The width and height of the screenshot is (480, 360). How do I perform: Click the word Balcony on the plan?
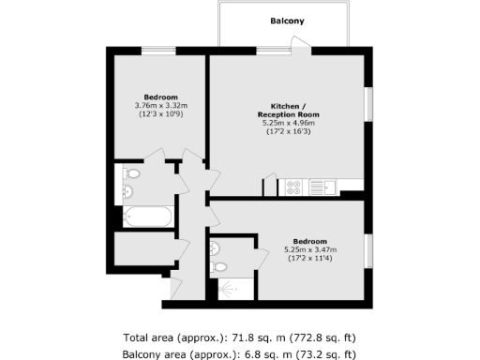pos(287,21)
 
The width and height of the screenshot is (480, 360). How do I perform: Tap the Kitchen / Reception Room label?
pos(292,109)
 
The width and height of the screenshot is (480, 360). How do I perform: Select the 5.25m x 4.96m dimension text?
pos(292,123)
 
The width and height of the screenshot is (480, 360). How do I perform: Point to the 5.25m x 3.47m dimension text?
pos(309,249)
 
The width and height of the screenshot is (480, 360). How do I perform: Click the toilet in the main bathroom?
pos(132,173)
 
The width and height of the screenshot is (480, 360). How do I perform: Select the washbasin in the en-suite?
pos(215,248)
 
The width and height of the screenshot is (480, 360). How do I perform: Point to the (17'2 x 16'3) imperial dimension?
pos(292,131)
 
